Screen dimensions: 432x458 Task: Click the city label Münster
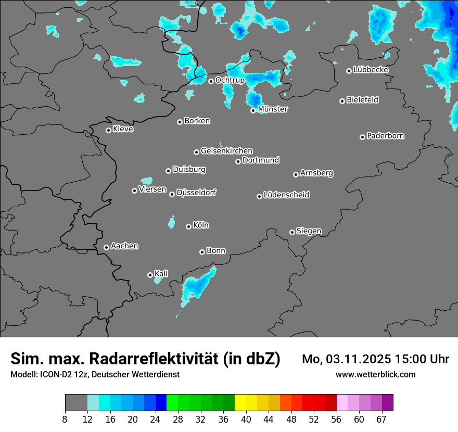pos(273,109)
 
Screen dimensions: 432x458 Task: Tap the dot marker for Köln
pos(188,226)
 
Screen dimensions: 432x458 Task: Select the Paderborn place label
pos(386,136)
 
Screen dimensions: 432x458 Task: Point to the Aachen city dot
pos(106,247)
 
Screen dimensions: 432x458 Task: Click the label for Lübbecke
pos(371,70)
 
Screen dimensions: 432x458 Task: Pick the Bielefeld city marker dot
pos(342,101)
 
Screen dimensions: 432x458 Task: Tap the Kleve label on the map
pos(123,129)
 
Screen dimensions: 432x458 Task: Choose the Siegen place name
pos(309,231)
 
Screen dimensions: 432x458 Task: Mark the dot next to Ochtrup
pos(211,81)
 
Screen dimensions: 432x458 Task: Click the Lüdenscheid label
pos(287,195)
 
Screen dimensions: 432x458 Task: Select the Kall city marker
pos(150,275)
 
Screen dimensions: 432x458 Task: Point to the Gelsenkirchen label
pos(227,151)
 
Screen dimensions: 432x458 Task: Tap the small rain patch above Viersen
pos(147,181)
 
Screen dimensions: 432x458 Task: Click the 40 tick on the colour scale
pos(246,419)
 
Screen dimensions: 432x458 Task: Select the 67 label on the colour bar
pos(381,419)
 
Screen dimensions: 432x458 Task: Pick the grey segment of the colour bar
pos(76,403)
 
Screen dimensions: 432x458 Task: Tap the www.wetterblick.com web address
pos(375,374)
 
